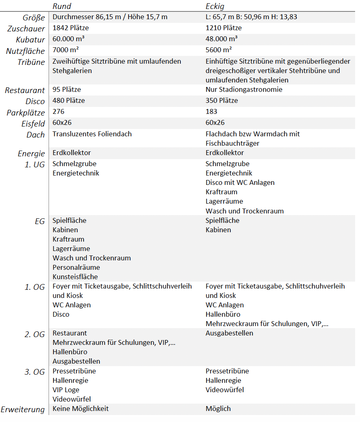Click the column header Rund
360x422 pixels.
[x=62, y=6]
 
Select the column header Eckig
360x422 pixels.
[x=215, y=6]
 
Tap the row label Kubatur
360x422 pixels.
[x=31, y=40]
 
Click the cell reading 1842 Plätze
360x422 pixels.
[x=71, y=28]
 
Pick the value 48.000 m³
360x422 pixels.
[x=222, y=39]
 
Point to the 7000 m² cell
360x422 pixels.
[x=65, y=50]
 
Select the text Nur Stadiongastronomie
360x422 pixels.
[x=244, y=89]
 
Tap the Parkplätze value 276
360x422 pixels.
[x=58, y=111]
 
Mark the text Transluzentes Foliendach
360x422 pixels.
[x=92, y=134]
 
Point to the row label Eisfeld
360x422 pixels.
[x=33, y=124]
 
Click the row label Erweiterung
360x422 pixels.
[x=23, y=409]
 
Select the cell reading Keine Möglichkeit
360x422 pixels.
[x=80, y=409]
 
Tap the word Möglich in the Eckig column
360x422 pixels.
[x=218, y=409]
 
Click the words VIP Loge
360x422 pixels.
[x=66, y=390]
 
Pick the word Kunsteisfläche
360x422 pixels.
[x=75, y=277]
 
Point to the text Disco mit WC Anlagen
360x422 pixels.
[x=240, y=182]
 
